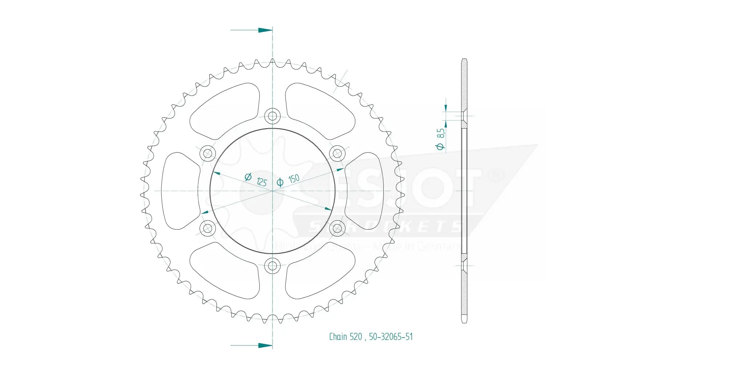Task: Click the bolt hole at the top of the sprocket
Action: coord(272,117)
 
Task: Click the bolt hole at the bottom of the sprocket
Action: coord(272,266)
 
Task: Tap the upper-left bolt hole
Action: coord(208,153)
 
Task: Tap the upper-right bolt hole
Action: coord(337,153)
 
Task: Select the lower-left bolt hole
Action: coord(208,228)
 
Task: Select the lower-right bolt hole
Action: coord(337,228)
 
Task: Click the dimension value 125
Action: coord(262,182)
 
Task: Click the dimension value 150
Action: coord(294,178)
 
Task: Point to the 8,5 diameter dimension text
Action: coord(441,133)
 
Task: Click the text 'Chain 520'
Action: coord(345,337)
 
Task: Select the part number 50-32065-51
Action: coord(391,337)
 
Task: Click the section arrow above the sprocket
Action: coord(265,30)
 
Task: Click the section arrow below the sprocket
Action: coord(265,345)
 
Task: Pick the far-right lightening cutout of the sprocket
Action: coord(364,191)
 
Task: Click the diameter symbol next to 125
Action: coord(248,177)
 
